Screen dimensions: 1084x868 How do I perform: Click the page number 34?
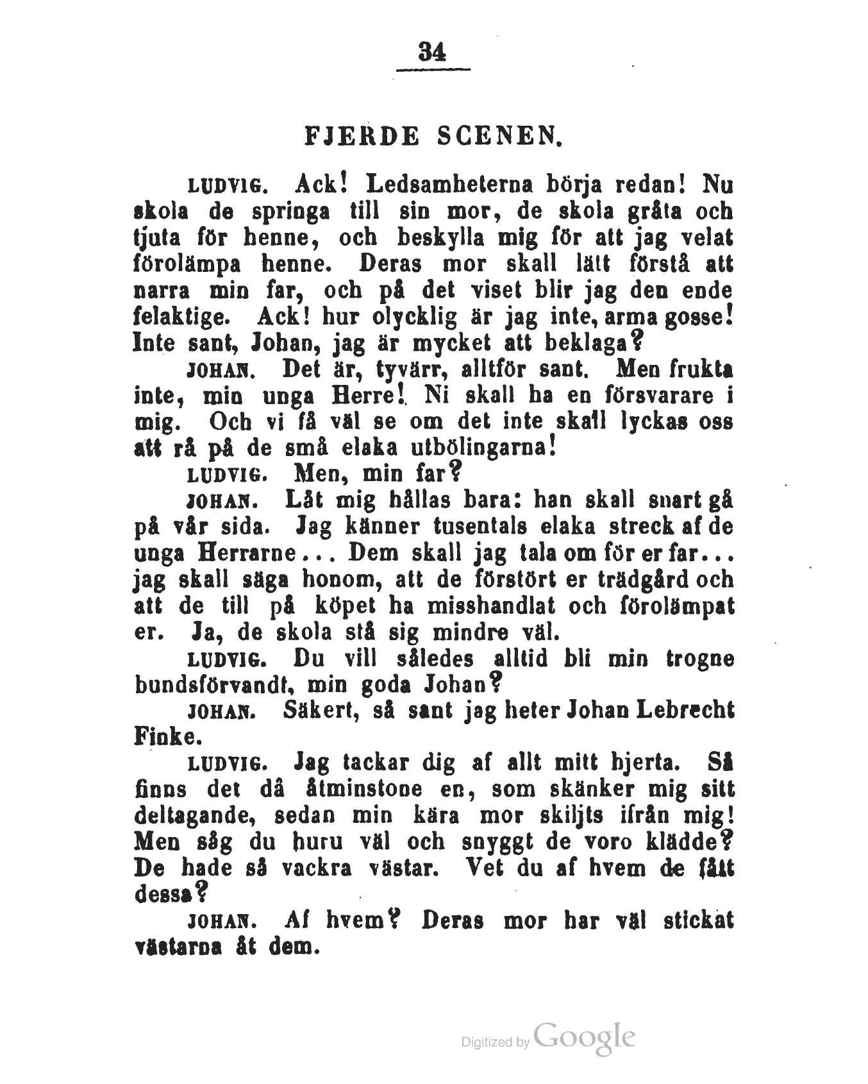pos(432,52)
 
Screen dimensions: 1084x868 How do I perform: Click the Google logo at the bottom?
pos(583,1037)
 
